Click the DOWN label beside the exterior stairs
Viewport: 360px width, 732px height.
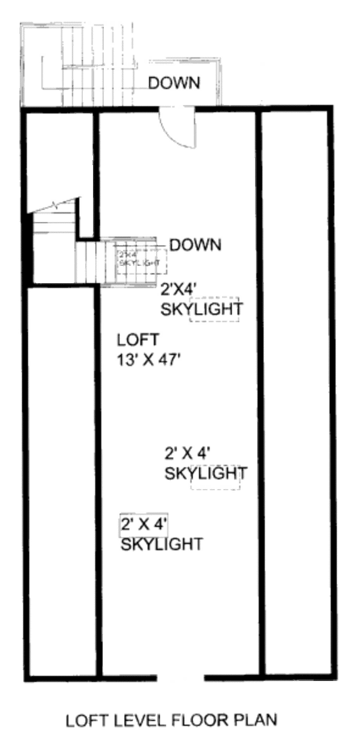174,83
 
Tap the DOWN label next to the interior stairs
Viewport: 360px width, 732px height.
196,245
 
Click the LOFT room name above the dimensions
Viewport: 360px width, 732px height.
137,340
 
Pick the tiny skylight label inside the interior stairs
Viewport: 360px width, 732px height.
139,259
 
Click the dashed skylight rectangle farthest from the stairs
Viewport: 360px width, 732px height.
216,477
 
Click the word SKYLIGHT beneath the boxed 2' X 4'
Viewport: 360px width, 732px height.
161,544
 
